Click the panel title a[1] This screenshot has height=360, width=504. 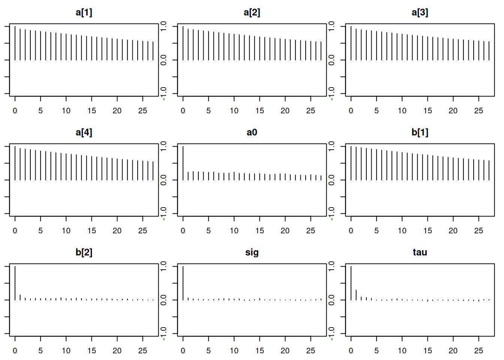pos(84,12)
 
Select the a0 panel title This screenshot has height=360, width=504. pos(252,132)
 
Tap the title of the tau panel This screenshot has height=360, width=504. pos(420,252)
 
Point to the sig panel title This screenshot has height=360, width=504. pos(252,252)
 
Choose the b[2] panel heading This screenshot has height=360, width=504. pos(84,252)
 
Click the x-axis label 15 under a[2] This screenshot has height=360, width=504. pos(259,111)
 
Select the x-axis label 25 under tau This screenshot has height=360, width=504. pos(478,351)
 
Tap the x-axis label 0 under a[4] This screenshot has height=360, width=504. pos(15,231)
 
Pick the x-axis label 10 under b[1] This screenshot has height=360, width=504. pos(402,231)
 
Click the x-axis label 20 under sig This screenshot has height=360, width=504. pos(285,351)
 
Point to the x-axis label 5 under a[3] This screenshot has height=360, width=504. pos(376,111)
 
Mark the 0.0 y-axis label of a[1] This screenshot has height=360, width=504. pos(163,60)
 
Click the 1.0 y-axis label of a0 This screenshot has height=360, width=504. pos(331,146)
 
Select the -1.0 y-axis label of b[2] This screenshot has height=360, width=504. pos(163,333)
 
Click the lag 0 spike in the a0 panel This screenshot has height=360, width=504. pos(183,163)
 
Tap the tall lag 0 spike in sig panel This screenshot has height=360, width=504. pos(183,283)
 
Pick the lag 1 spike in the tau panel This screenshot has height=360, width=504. pos(356,295)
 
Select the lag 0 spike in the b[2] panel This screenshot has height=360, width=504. pos(15,283)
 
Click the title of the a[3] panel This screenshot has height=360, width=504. pos(420,12)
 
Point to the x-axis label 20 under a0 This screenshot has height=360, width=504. pos(285,231)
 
